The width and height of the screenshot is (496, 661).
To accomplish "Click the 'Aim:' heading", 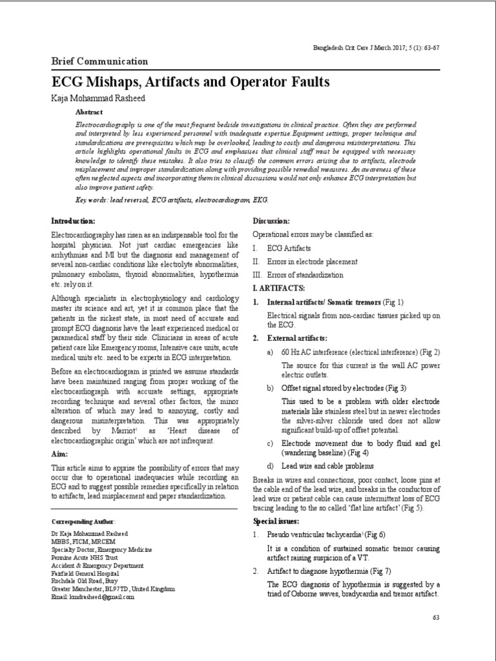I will [x=60, y=454].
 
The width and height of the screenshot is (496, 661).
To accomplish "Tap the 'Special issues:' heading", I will [x=276, y=521].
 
